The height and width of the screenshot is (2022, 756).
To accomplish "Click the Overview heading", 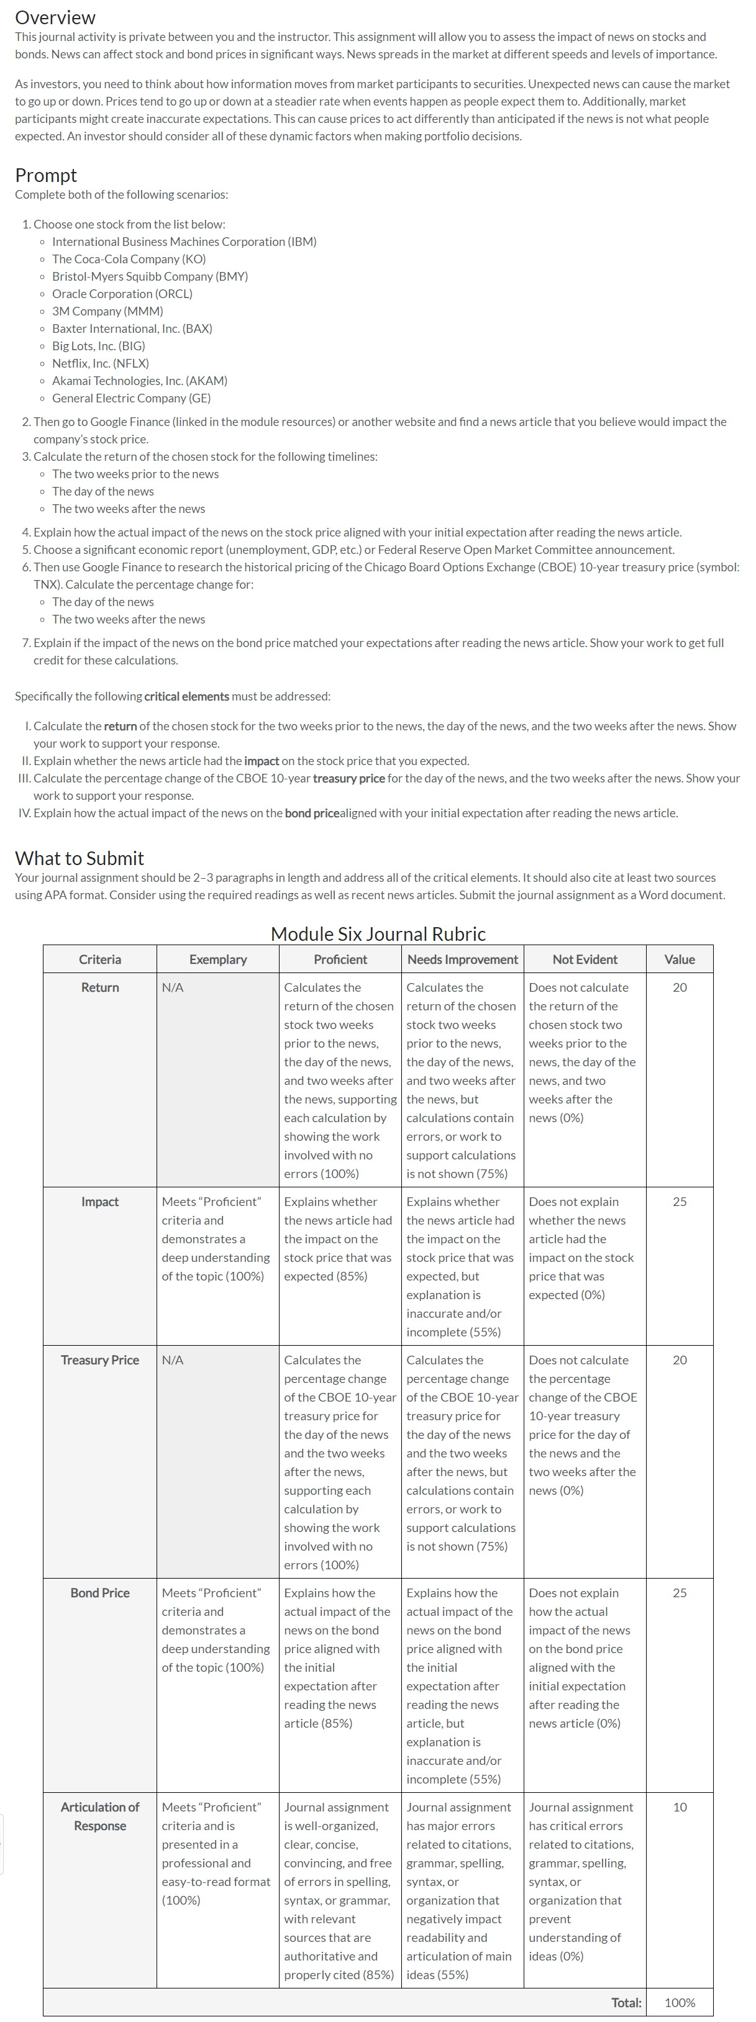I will coord(55,17).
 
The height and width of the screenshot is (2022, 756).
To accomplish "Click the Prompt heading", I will coord(45,175).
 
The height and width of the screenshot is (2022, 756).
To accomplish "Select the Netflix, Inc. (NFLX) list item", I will coord(99,363).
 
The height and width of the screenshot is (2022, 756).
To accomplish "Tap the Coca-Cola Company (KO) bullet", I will coord(129,259).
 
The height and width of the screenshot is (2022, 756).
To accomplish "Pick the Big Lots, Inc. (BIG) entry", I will coord(98,346).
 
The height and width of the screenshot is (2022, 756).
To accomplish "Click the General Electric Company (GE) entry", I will coord(131,398).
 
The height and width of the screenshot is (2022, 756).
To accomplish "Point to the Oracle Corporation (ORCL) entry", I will coord(122,294).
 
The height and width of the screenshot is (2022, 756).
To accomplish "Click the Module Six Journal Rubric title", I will coord(378,933).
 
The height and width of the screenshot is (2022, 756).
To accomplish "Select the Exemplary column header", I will coord(217,959).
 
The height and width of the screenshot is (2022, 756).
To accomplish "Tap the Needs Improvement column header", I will coord(462,959).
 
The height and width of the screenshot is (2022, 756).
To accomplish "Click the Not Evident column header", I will coord(584,959).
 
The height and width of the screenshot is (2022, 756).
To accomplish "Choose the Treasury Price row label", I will coord(99,1360).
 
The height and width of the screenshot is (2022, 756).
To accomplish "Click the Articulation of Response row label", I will coord(99,1816).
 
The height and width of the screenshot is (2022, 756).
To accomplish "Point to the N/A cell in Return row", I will coord(173,987).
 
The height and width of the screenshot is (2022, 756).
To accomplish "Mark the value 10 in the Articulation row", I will coord(679,1807).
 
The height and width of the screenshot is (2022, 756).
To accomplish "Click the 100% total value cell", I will coord(679,2002).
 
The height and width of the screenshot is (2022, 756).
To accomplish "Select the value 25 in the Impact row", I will coord(679,1202).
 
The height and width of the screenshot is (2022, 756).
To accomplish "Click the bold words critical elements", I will coord(187,696).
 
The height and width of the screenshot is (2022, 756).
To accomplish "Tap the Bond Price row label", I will coord(99,1593).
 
